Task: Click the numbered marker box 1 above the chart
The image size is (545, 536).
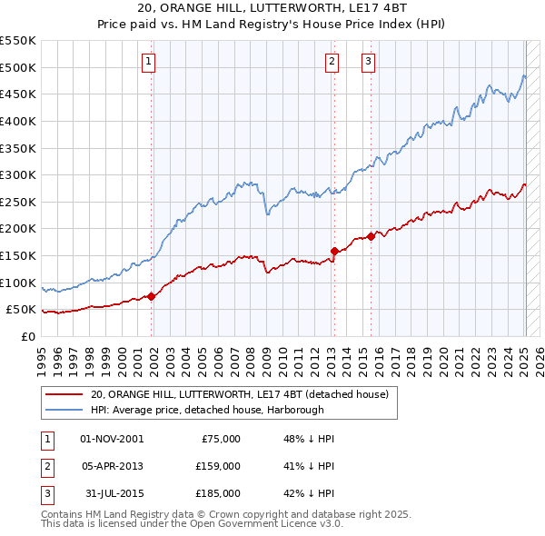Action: click(x=148, y=62)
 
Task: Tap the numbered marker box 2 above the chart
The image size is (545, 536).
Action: click(x=332, y=62)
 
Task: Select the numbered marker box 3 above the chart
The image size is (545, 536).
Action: click(x=369, y=62)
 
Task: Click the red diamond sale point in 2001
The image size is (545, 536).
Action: click(x=152, y=295)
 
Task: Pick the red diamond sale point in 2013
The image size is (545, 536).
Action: click(x=334, y=251)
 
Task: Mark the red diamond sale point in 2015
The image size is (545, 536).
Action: click(x=372, y=236)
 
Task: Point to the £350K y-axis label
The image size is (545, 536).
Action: click(x=18, y=148)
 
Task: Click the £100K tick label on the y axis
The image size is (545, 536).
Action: click(x=18, y=283)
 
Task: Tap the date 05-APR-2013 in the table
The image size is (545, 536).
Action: click(x=112, y=466)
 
